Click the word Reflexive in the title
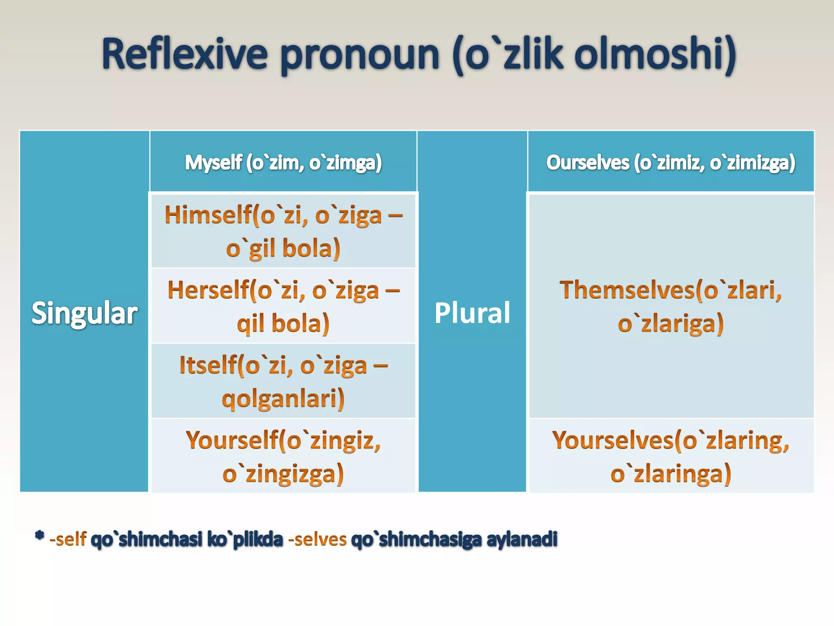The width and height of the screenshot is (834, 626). pyautogui.click(x=185, y=54)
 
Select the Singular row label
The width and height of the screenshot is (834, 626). pyautogui.click(x=84, y=313)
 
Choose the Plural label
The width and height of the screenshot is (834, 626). pyautogui.click(x=472, y=313)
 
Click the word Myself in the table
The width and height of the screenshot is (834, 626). pyautogui.click(x=213, y=162)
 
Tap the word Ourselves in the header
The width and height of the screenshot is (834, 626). pyautogui.click(x=588, y=162)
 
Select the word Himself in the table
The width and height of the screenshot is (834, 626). pyautogui.click(x=208, y=215)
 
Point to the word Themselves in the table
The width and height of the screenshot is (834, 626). pyautogui.click(x=627, y=290)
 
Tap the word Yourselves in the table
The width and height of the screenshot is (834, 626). pyautogui.click(x=613, y=440)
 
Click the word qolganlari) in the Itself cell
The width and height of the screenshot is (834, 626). pyautogui.click(x=283, y=399)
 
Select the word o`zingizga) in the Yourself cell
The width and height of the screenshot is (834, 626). pyautogui.click(x=283, y=474)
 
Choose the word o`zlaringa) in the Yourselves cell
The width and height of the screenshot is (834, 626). pyautogui.click(x=671, y=474)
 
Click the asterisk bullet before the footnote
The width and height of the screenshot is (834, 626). pyautogui.click(x=40, y=536)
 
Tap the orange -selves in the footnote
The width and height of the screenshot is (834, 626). pyautogui.click(x=317, y=539)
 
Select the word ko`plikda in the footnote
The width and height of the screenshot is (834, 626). pyautogui.click(x=245, y=539)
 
